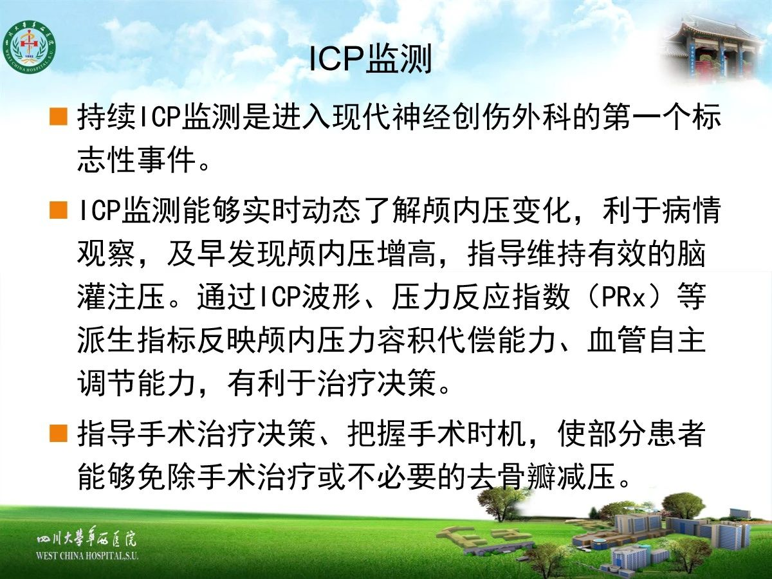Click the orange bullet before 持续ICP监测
59,116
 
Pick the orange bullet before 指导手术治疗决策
59,433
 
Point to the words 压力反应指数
480,297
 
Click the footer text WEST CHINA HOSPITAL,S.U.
87,555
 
